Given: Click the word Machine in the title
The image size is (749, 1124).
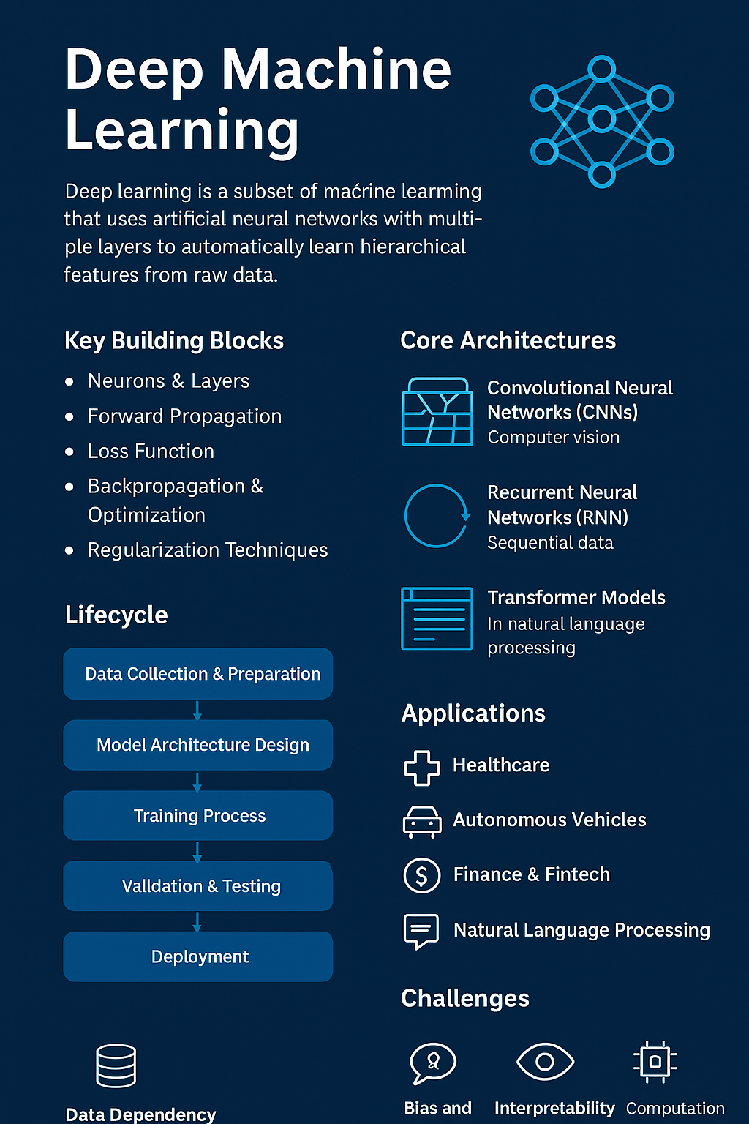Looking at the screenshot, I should tap(336, 70).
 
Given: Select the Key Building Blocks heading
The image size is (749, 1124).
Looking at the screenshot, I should tap(174, 341).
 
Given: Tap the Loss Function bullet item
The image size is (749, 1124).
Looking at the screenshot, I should tap(151, 452).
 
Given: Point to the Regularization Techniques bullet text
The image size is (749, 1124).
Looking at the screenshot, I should tap(208, 550).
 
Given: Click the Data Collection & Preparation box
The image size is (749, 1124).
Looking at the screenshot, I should tap(198, 674).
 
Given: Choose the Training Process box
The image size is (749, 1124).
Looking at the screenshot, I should tap(198, 816).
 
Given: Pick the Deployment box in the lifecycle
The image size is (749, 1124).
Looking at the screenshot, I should tap(198, 957).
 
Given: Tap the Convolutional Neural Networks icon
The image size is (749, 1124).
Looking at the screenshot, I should tap(437, 412).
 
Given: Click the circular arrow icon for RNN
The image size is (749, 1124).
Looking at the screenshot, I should tap(437, 516).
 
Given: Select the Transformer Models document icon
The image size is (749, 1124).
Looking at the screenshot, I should tap(437, 618).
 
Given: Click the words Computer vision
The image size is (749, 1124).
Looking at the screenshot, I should tap(554, 438).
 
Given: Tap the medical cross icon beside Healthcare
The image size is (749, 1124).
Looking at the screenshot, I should tap(422, 768).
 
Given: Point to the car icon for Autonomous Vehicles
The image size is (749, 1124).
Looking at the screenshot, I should tap(422, 821).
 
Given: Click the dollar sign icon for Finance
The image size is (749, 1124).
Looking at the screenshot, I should tap(422, 875).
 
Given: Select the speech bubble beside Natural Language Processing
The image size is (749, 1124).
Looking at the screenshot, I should tap(421, 931).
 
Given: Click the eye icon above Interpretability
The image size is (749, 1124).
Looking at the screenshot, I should tap(545, 1062).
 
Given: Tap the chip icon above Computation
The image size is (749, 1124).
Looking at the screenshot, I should tap(655, 1062).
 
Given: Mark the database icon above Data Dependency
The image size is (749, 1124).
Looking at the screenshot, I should tap(116, 1065).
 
